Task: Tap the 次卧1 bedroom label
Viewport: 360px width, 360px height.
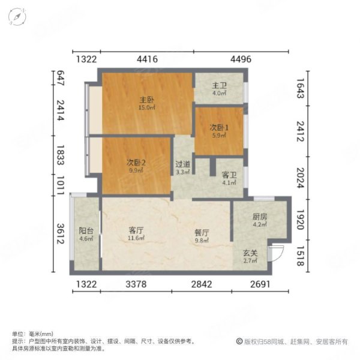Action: pyautogui.click(x=219, y=128)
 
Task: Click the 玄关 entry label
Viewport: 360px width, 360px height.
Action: pyautogui.click(x=251, y=254)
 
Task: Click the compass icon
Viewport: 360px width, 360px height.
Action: pyautogui.click(x=18, y=18)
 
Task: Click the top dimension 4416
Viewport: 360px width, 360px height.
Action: pyautogui.click(x=147, y=59)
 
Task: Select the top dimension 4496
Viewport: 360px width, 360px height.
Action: pyautogui.click(x=240, y=59)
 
